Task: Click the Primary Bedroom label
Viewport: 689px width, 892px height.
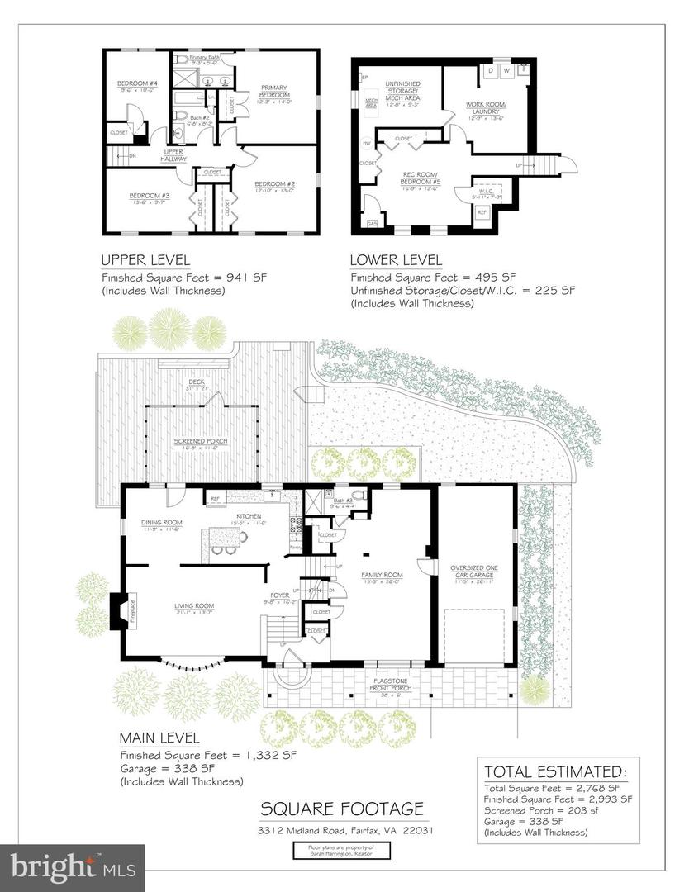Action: point(274,92)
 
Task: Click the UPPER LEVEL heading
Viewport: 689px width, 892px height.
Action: point(145,259)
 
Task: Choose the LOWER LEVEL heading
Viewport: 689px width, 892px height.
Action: point(396,259)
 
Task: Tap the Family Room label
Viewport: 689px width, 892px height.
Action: point(382,575)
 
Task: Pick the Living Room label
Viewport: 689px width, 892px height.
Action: point(194,607)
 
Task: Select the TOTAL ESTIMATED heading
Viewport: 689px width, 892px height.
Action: point(556,771)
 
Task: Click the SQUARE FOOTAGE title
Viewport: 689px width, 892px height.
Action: point(342,809)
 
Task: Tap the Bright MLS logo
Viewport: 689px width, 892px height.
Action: point(73,867)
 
